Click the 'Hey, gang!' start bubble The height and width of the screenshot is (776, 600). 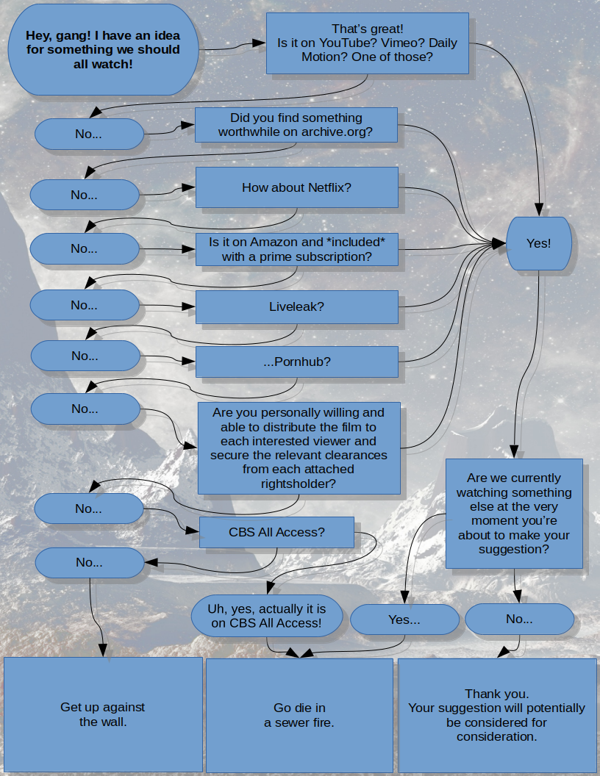coord(103,49)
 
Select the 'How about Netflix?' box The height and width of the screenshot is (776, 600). coord(296,187)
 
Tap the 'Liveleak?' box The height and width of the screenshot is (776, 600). coord(296,307)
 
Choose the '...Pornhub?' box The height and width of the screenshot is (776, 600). coord(296,362)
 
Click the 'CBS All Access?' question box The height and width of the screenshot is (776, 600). coord(276,532)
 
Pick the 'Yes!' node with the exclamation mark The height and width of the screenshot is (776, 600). coord(539,243)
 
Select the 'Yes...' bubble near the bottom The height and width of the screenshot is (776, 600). coord(404,619)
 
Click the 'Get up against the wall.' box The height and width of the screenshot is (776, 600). coord(103,714)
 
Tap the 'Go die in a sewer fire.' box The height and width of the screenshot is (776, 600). coord(299,715)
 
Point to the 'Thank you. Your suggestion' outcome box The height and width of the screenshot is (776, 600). coord(497,715)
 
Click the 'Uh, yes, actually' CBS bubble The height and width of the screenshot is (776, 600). coord(267,616)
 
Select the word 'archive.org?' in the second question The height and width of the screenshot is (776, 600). coord(337,132)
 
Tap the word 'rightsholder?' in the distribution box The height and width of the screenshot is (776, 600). coord(299,484)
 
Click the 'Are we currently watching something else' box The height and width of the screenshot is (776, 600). coord(514,513)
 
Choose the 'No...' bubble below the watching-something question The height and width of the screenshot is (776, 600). coord(519,619)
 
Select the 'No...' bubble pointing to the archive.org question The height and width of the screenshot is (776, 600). coord(89,134)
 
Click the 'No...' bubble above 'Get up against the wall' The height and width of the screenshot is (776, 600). coord(90,562)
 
